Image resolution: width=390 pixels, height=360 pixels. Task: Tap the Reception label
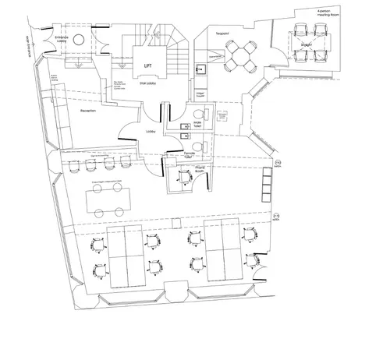click(x=87, y=111)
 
